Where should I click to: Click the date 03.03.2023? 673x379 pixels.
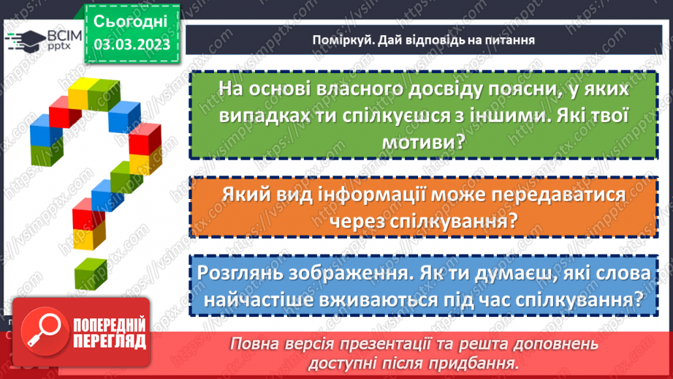[132, 45]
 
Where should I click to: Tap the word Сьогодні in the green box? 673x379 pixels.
[132, 20]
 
